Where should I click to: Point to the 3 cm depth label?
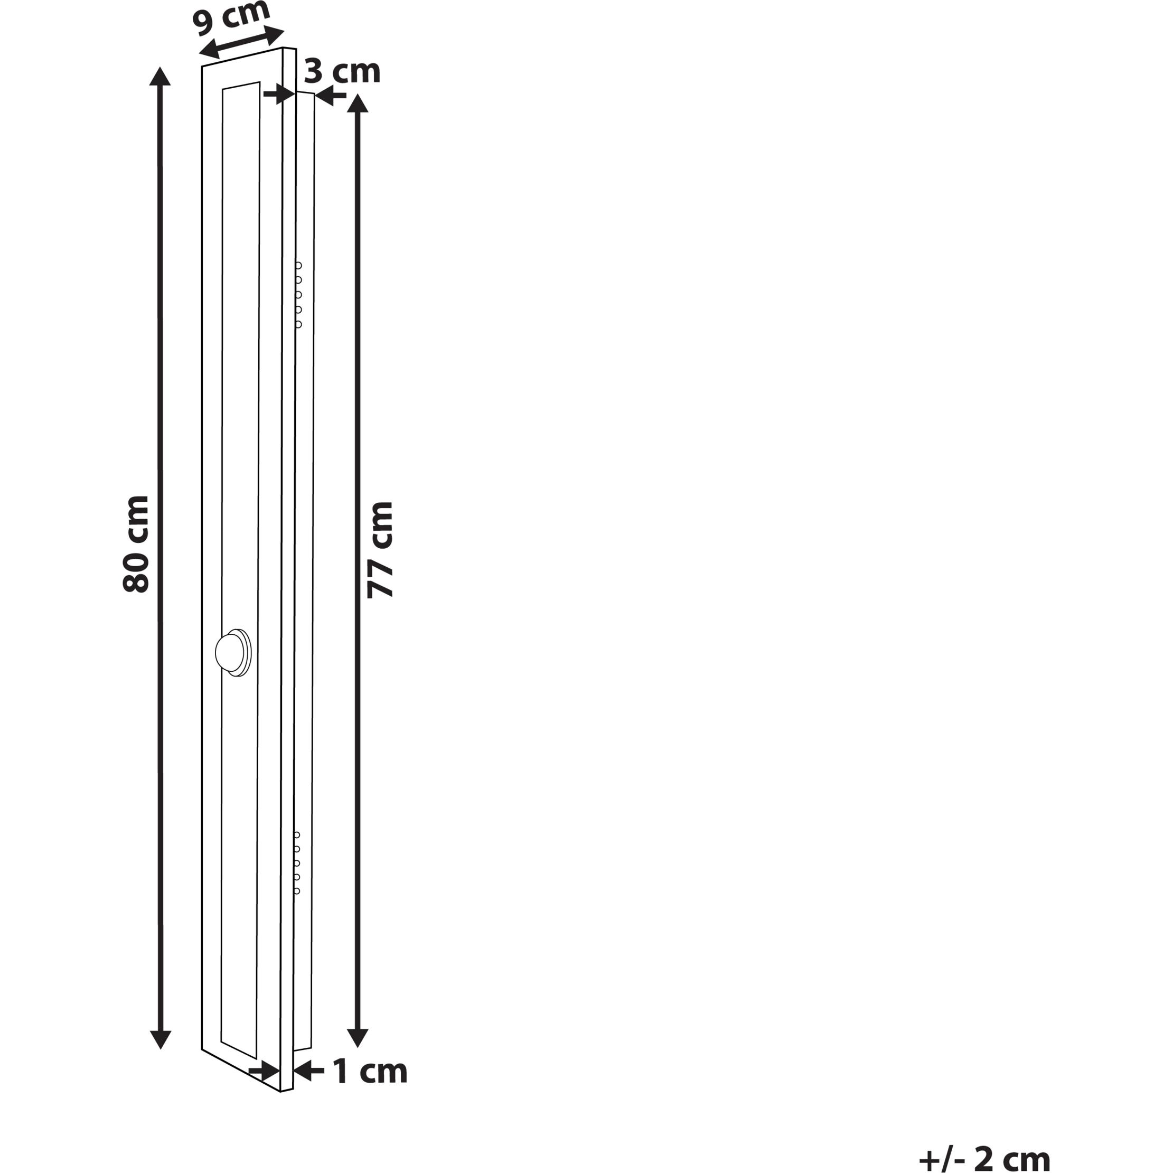[342, 71]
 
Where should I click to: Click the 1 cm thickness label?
[369, 1072]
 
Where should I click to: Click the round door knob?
[232, 653]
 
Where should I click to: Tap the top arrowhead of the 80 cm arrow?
[159, 77]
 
